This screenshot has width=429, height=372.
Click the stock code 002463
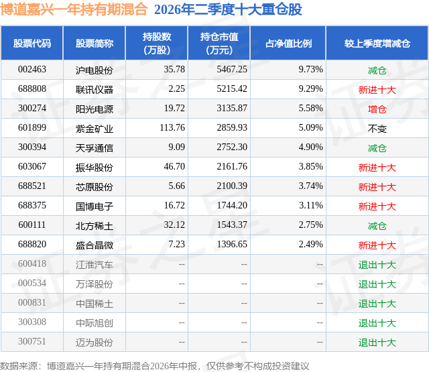(32, 69)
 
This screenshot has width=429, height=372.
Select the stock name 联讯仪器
(94, 89)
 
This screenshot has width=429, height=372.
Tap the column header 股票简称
(94, 43)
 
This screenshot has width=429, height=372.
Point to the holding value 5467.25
(232, 69)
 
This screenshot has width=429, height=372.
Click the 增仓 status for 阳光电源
(377, 109)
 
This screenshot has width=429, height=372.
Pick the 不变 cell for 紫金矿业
(377, 129)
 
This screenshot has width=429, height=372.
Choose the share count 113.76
(172, 127)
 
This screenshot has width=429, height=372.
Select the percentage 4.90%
(310, 147)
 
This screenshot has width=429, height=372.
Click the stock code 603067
(32, 166)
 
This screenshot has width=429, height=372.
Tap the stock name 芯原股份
(94, 187)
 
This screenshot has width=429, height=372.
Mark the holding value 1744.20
(232, 205)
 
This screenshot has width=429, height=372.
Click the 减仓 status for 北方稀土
(377, 226)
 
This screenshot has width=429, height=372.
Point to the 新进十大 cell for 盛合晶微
(377, 245)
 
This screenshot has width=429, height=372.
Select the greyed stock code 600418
(32, 263)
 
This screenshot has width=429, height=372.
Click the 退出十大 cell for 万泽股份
(377, 284)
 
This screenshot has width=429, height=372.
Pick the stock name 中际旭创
(94, 323)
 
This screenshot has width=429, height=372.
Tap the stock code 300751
(32, 341)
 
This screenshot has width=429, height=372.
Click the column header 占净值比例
(288, 43)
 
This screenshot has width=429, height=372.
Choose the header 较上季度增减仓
(377, 43)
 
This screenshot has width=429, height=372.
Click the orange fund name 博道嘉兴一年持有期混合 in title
(74, 9)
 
